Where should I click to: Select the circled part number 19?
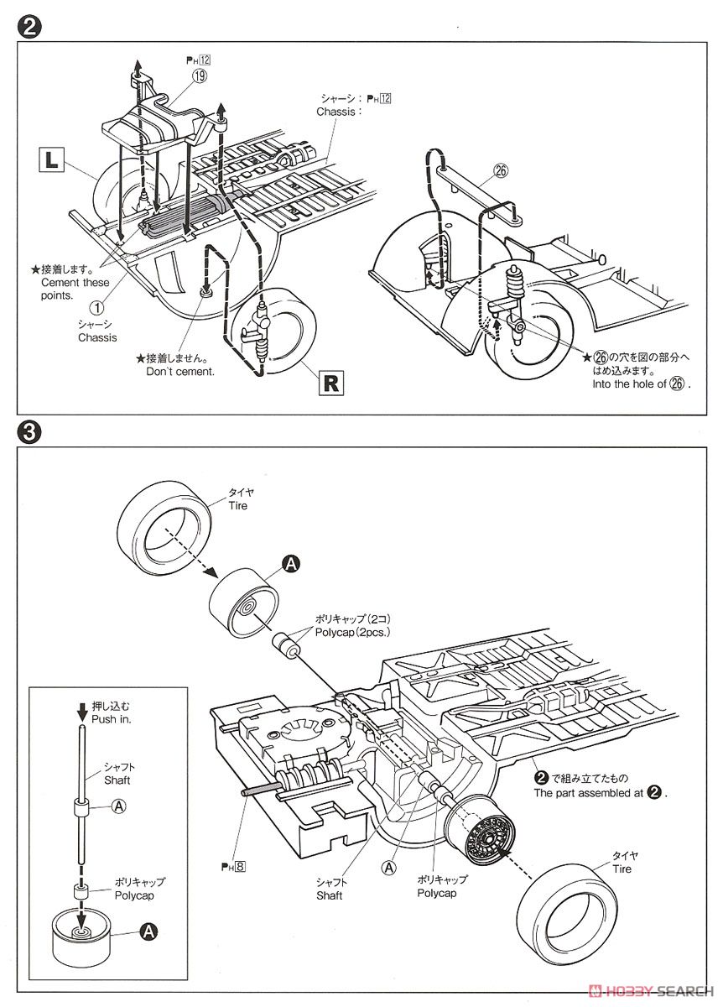point(200,75)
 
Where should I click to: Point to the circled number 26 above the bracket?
point(502,170)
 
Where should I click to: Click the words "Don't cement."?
point(180,371)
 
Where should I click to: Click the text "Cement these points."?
point(75,289)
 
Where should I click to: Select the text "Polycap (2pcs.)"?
point(353,632)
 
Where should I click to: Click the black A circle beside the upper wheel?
point(290,565)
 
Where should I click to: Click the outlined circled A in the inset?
point(119,806)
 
